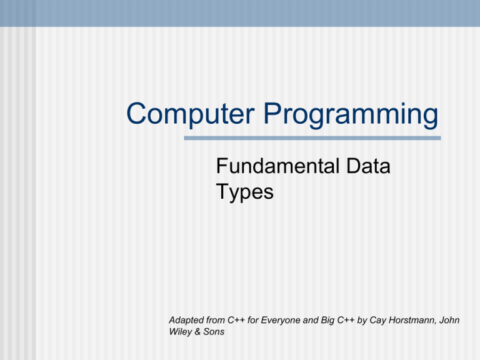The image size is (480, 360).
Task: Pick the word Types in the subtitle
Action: coord(244,192)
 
